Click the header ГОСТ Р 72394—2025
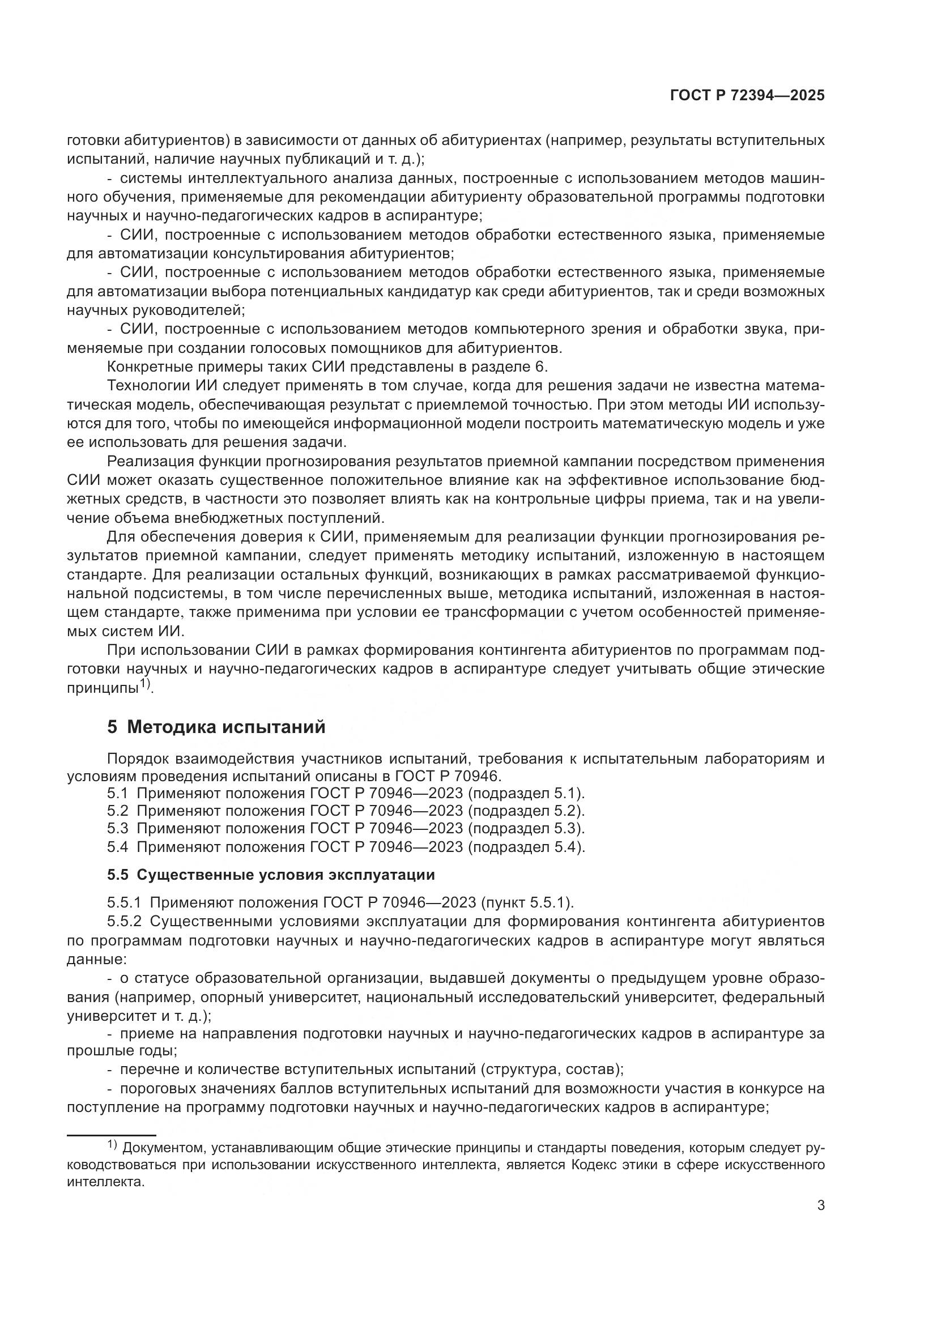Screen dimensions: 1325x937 747,96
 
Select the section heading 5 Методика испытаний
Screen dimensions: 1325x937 216,727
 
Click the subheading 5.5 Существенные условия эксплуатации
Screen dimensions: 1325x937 271,875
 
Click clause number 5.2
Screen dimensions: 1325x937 117,811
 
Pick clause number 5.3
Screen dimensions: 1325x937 117,829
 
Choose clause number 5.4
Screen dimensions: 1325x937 117,846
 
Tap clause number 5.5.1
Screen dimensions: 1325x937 123,902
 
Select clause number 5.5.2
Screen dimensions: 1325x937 123,921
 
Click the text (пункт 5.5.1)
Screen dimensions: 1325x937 527,902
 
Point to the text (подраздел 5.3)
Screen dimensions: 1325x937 526,829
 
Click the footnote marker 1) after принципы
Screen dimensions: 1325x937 146,685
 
